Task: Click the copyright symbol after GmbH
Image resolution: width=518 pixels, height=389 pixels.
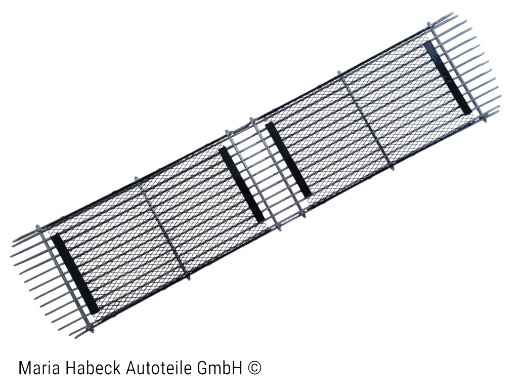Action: click(x=255, y=368)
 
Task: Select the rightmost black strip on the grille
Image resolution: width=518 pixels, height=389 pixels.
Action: click(x=448, y=78)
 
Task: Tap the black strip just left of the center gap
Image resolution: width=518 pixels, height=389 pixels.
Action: click(x=242, y=185)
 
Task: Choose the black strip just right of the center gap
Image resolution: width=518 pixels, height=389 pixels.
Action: click(x=287, y=160)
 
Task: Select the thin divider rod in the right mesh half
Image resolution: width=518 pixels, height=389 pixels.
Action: click(x=368, y=122)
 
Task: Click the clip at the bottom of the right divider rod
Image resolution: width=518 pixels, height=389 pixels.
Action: click(x=394, y=168)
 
